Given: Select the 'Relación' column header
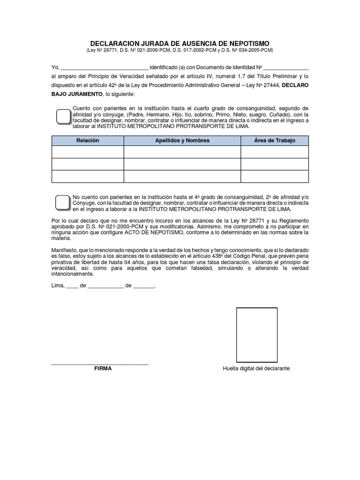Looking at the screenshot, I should [88, 141].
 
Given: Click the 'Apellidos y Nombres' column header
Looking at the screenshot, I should [182, 141].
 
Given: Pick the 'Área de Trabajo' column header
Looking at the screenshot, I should [275, 141].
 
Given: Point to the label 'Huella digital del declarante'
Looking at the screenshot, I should [256, 368].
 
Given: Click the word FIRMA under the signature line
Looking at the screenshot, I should [103, 368].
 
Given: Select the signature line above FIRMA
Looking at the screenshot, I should [100, 363].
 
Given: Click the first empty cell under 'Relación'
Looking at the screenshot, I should [88, 152].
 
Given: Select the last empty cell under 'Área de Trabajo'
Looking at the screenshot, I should [275, 176].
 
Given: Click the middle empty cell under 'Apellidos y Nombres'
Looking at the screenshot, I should [182, 164].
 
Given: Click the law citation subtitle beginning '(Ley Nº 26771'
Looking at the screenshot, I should [180, 50].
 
